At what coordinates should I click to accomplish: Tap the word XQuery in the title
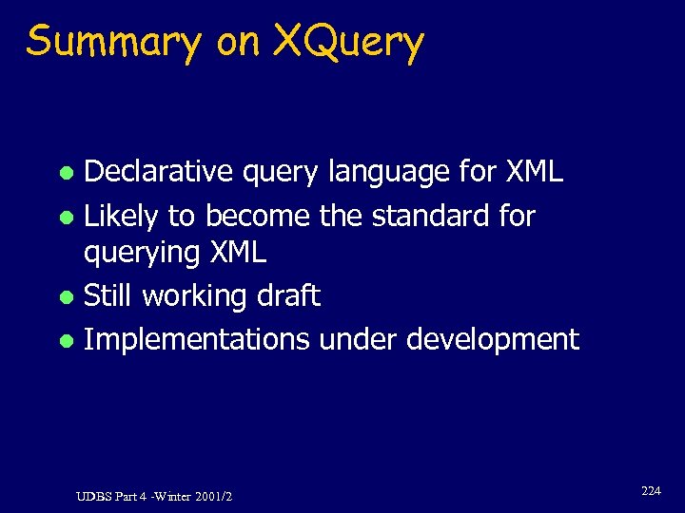click(x=348, y=43)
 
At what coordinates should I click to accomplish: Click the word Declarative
click(x=145, y=172)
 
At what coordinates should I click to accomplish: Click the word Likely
click(x=121, y=218)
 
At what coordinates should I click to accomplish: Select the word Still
click(x=108, y=295)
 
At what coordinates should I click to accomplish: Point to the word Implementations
click(x=197, y=340)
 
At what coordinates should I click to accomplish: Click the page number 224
click(x=651, y=491)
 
